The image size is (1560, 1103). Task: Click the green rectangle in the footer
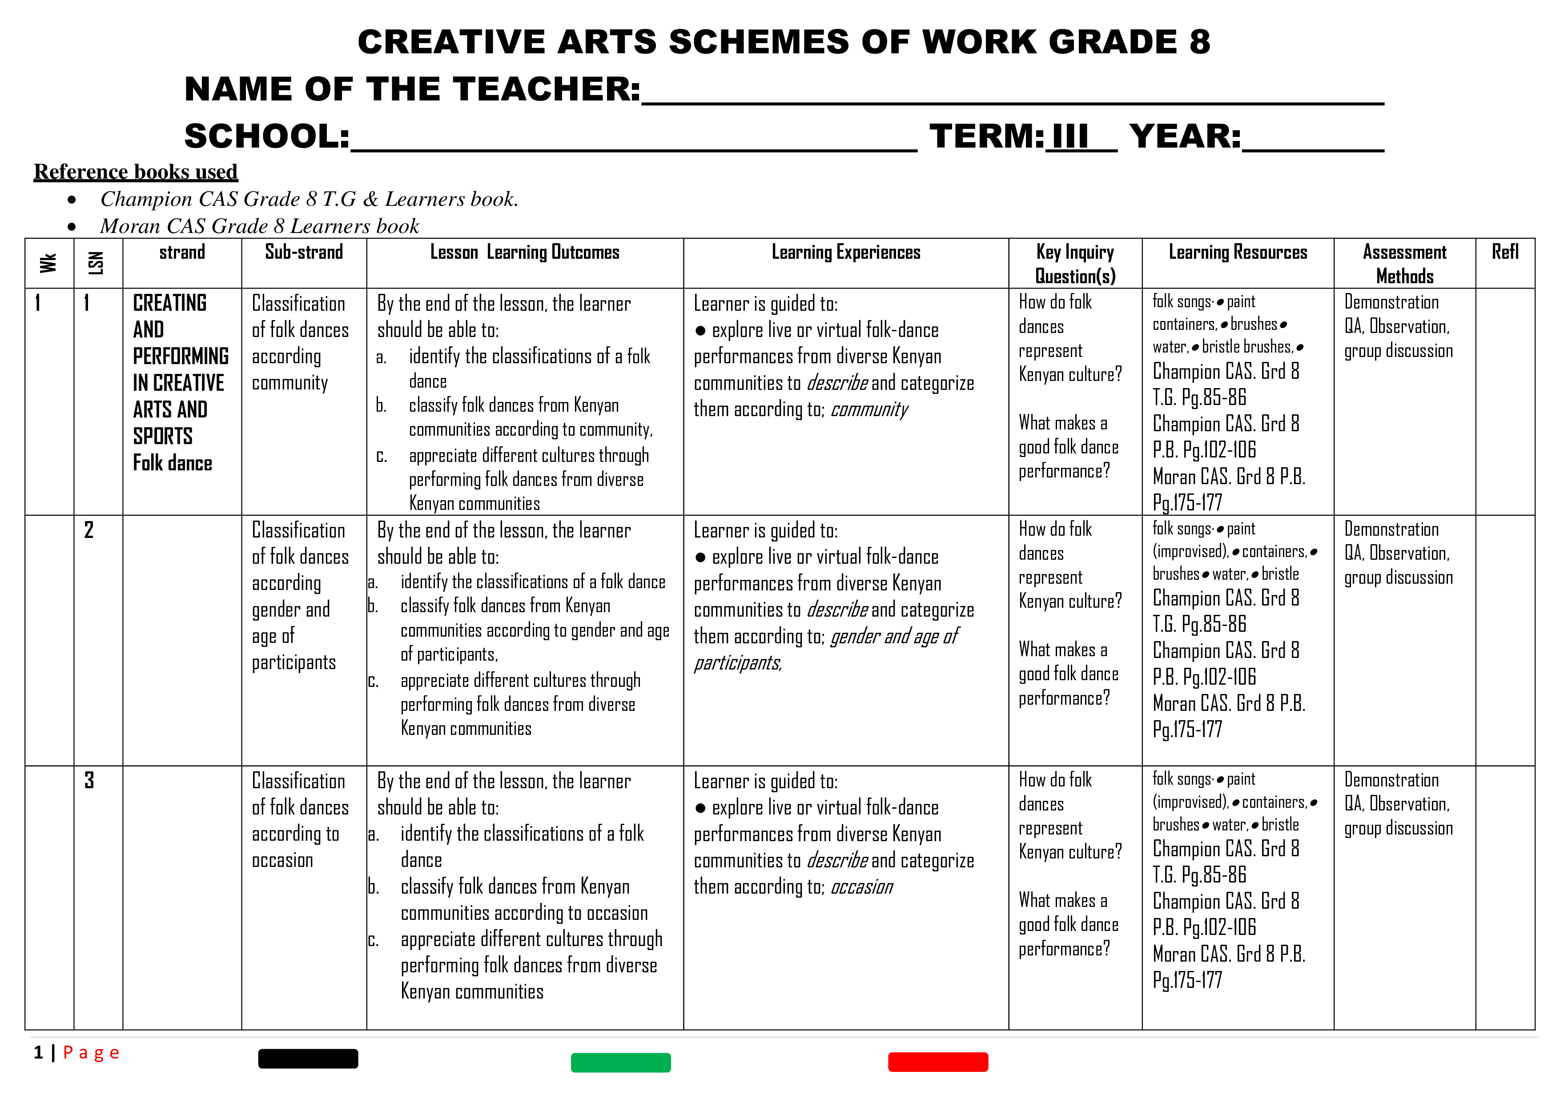click(x=620, y=1062)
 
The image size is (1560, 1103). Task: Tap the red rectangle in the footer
click(x=937, y=1062)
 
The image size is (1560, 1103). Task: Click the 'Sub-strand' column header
click(x=304, y=252)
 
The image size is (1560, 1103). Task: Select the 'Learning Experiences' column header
click(x=846, y=253)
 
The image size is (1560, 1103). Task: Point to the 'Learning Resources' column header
click(x=1237, y=253)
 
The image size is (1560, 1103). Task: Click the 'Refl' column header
click(x=1505, y=252)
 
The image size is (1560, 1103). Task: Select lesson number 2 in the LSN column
click(x=89, y=530)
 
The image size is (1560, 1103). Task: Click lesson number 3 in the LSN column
click(x=89, y=780)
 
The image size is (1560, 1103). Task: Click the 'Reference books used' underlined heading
click(x=136, y=172)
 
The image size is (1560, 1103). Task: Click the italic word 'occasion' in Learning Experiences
click(x=861, y=887)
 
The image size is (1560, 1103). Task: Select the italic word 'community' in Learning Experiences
click(x=869, y=409)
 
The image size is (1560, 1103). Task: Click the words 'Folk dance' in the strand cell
click(x=173, y=463)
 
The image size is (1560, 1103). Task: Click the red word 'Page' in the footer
click(x=91, y=1053)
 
